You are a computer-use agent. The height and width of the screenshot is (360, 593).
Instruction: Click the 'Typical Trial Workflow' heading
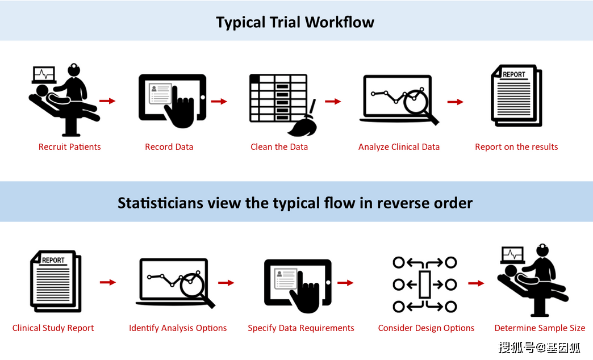click(x=295, y=22)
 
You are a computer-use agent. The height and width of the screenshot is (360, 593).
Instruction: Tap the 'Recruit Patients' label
click(x=70, y=146)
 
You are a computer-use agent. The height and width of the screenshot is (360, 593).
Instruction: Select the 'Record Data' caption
click(x=169, y=146)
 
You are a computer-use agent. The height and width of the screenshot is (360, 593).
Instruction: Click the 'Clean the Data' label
click(x=279, y=146)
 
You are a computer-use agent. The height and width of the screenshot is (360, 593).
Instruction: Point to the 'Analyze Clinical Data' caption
click(x=399, y=146)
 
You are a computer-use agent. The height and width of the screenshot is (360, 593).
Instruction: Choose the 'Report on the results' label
click(x=516, y=146)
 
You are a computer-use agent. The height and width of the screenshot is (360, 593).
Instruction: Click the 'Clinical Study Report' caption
click(x=53, y=328)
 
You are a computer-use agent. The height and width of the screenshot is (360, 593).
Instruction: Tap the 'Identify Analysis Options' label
click(x=178, y=328)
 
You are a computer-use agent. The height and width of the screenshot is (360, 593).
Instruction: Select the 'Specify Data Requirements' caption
click(x=301, y=328)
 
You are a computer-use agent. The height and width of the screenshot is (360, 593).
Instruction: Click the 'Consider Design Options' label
click(x=426, y=328)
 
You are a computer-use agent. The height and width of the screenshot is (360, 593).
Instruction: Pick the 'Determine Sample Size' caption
click(x=540, y=328)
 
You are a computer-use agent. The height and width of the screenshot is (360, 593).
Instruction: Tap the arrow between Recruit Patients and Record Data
click(x=107, y=101)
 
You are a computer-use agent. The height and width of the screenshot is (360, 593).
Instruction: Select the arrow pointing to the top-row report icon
click(x=456, y=102)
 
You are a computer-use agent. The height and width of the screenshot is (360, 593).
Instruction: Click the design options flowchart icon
click(x=425, y=284)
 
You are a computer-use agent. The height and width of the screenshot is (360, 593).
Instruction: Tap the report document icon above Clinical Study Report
click(x=56, y=281)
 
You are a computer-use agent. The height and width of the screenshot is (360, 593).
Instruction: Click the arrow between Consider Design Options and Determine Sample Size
click(x=476, y=283)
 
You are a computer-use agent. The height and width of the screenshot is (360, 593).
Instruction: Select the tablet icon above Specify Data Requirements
click(x=298, y=283)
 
